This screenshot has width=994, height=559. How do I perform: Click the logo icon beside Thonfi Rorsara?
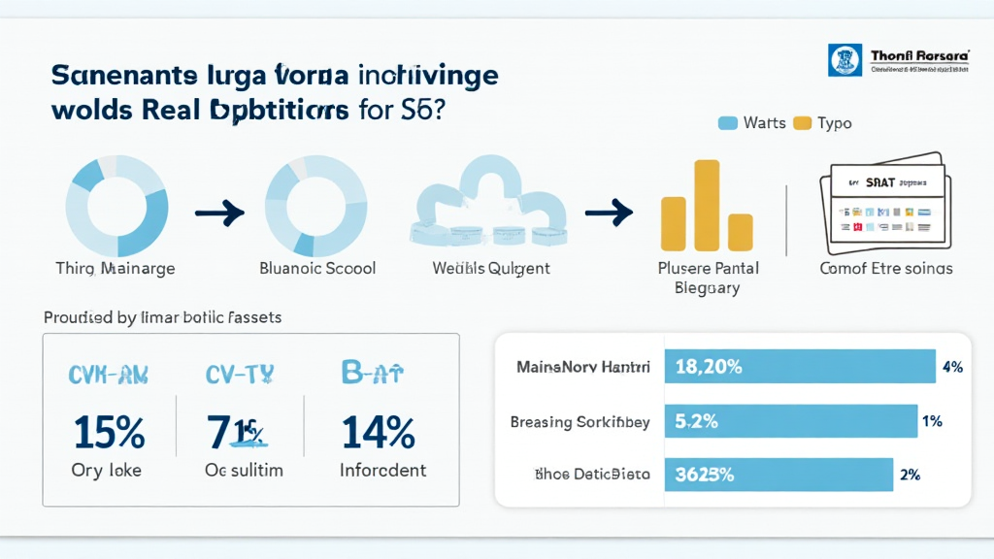[x=845, y=60]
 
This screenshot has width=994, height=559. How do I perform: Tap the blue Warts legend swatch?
[x=728, y=123]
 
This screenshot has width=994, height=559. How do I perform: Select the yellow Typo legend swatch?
[x=802, y=123]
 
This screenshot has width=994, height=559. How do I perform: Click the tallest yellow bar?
[x=706, y=205]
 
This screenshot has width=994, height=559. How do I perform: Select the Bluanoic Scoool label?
[x=317, y=268]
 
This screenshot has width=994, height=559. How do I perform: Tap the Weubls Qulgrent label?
[x=491, y=268]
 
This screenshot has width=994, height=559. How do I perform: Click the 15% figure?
[x=108, y=432]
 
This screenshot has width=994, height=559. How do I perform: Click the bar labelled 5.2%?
[x=790, y=422]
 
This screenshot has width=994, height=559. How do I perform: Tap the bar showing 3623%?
[x=778, y=476]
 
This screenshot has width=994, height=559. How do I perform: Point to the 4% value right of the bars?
[x=951, y=367]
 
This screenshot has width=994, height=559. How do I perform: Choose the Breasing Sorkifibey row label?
[x=579, y=422]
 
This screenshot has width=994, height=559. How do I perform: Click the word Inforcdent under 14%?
[x=382, y=471]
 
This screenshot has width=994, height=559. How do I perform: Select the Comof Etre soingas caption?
[x=885, y=268]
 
